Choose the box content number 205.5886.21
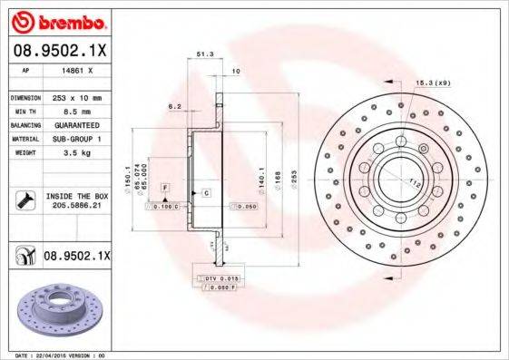coord(76,208)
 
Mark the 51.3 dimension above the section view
coord(205,55)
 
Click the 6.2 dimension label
coord(175,107)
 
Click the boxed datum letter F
coord(165,187)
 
